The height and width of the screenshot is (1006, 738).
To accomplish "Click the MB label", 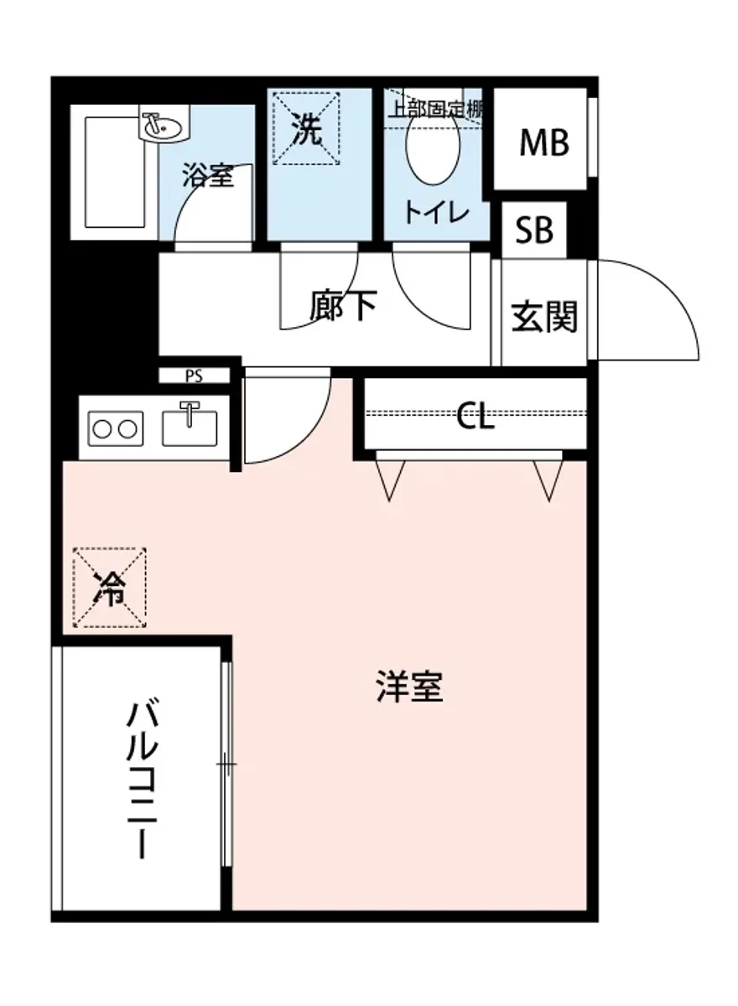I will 544,143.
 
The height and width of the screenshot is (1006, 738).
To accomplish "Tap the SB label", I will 534,230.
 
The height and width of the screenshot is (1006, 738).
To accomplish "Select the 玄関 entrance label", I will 544,317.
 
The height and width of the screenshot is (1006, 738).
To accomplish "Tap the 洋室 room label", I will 408,688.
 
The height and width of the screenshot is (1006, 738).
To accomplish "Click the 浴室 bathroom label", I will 207,177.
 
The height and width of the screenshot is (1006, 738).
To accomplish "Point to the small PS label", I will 194,376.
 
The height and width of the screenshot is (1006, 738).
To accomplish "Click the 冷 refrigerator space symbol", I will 109,588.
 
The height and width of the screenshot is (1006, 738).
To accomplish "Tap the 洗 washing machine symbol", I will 307,129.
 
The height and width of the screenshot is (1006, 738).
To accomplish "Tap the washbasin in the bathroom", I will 161,128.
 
